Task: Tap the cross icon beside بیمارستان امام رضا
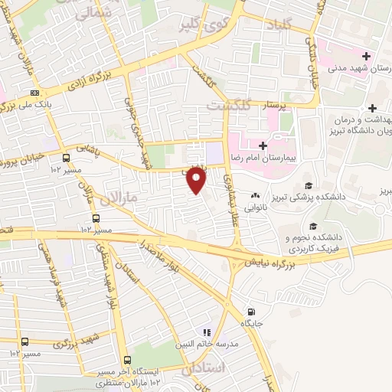pyautogui.click(x=262, y=145)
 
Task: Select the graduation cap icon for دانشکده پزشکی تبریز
pyautogui.click(x=308, y=186)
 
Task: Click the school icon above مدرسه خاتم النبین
pyautogui.click(x=205, y=332)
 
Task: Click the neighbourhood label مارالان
pyautogui.click(x=125, y=197)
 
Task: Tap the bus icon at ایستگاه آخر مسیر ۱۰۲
pyautogui.click(x=125, y=359)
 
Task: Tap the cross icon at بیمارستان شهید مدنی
pyautogui.click(x=367, y=56)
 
